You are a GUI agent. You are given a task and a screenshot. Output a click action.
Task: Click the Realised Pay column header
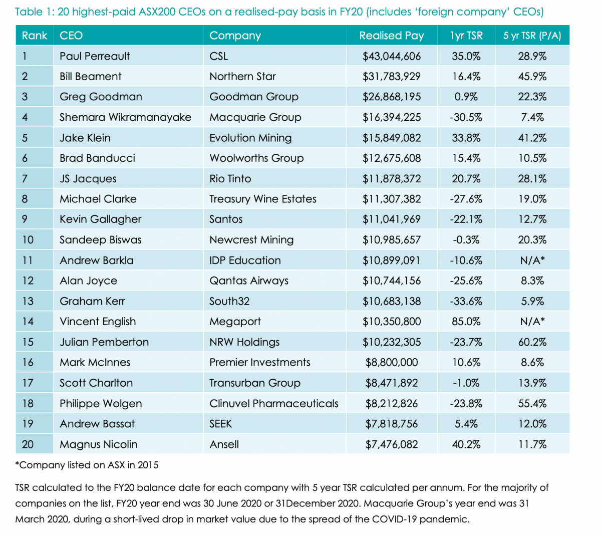[391, 36]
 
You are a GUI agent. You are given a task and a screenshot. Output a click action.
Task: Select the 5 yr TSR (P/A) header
[532, 36]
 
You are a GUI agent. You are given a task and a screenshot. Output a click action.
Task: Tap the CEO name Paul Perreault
[95, 56]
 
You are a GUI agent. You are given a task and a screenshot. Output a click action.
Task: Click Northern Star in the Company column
[242, 77]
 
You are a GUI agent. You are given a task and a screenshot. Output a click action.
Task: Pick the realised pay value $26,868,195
[391, 97]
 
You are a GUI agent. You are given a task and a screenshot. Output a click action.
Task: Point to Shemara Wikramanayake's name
[125, 117]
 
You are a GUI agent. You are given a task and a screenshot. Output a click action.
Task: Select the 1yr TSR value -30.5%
[466, 117]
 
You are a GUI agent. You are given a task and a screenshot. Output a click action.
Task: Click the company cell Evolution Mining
[250, 138]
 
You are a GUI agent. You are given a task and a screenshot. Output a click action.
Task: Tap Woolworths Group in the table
[256, 158]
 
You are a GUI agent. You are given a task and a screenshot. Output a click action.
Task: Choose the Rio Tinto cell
[230, 179]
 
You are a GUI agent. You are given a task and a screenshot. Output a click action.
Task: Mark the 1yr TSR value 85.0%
[466, 322]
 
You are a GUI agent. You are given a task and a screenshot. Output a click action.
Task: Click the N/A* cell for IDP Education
[532, 260]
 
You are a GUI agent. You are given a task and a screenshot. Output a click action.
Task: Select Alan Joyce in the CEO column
[88, 281]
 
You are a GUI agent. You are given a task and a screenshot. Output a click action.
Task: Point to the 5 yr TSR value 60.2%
[532, 342]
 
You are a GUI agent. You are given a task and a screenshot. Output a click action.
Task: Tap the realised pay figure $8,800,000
[391, 363]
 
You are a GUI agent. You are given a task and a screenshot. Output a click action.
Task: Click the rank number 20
[28, 444]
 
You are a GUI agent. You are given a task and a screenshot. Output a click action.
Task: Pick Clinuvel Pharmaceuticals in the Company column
[274, 404]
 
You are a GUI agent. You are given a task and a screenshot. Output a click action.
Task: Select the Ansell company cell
[224, 444]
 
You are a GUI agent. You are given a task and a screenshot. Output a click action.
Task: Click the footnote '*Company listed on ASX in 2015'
[87, 465]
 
